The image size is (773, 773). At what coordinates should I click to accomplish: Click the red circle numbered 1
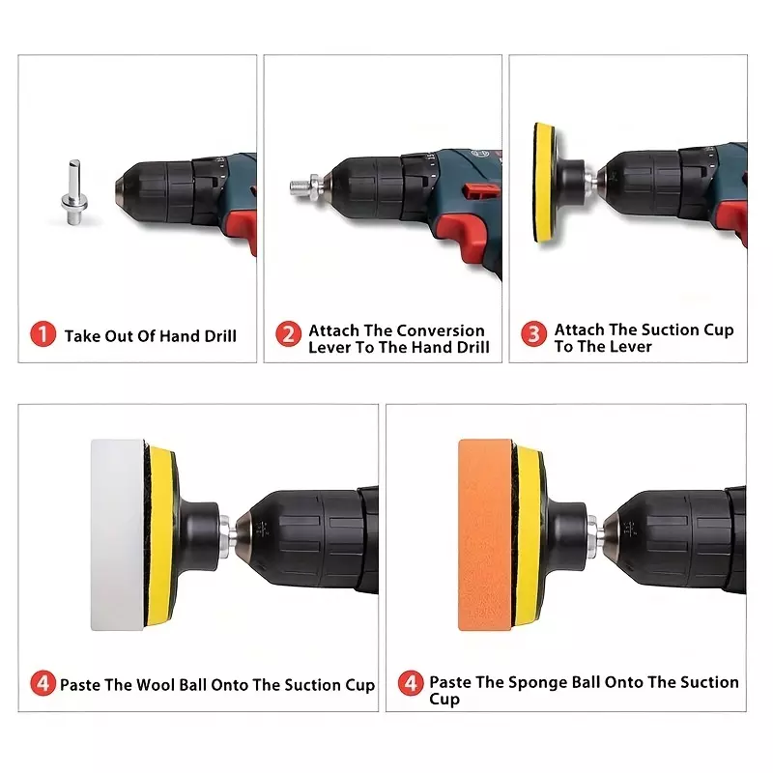pos(43,334)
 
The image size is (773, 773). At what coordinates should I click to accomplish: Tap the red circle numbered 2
pos(288,333)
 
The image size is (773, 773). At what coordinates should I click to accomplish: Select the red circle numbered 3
pos(534,333)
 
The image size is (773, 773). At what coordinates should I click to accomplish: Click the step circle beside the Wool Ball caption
pos(43,683)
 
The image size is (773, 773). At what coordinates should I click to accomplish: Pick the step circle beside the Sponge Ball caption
pos(411,683)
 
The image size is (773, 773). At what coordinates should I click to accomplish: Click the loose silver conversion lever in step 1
pos(74,192)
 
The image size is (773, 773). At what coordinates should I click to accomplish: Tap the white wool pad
pos(118,535)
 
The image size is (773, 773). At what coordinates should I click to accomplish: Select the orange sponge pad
pos(486,535)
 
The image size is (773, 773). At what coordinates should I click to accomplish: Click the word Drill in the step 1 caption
pos(220,336)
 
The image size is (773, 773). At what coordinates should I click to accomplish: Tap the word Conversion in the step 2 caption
pos(441,330)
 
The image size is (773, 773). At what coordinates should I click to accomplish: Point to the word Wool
pos(155,685)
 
